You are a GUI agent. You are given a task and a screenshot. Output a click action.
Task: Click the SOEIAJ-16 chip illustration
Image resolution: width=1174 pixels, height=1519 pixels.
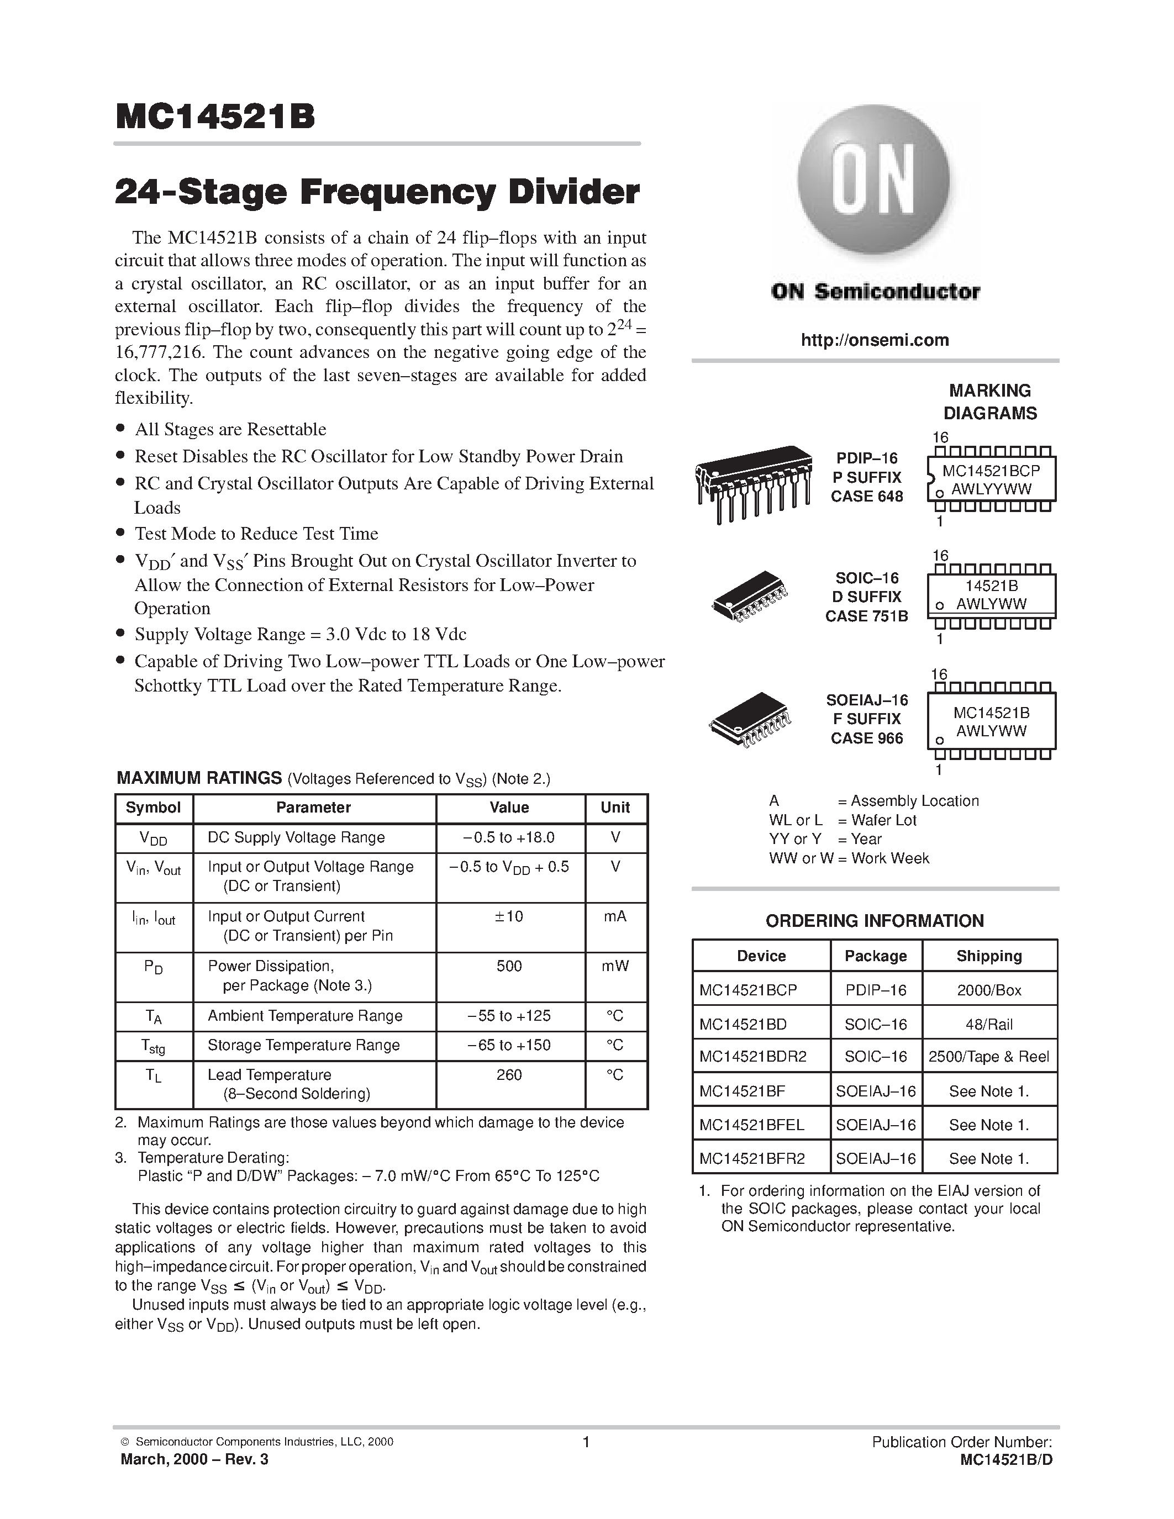(750, 719)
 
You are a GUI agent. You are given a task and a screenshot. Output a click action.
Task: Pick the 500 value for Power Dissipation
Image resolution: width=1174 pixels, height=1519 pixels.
(509, 966)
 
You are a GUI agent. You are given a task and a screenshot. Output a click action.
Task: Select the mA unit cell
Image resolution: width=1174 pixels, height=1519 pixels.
(615, 917)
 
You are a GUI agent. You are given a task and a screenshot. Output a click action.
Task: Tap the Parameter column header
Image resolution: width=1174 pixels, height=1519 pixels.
(314, 808)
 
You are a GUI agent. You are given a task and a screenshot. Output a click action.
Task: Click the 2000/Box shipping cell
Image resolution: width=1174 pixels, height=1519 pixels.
(989, 990)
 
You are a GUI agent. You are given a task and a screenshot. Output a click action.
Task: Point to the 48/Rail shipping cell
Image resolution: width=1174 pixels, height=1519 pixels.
(989, 1024)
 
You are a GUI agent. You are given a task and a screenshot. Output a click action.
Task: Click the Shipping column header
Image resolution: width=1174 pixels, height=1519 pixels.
(989, 956)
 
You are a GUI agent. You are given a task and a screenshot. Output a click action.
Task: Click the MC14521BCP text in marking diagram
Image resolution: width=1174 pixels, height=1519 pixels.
(991, 471)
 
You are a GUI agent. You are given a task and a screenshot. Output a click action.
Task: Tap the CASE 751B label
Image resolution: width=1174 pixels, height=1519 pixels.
(867, 616)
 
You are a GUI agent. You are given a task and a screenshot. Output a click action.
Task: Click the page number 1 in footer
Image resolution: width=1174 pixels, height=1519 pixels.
(586, 1442)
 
